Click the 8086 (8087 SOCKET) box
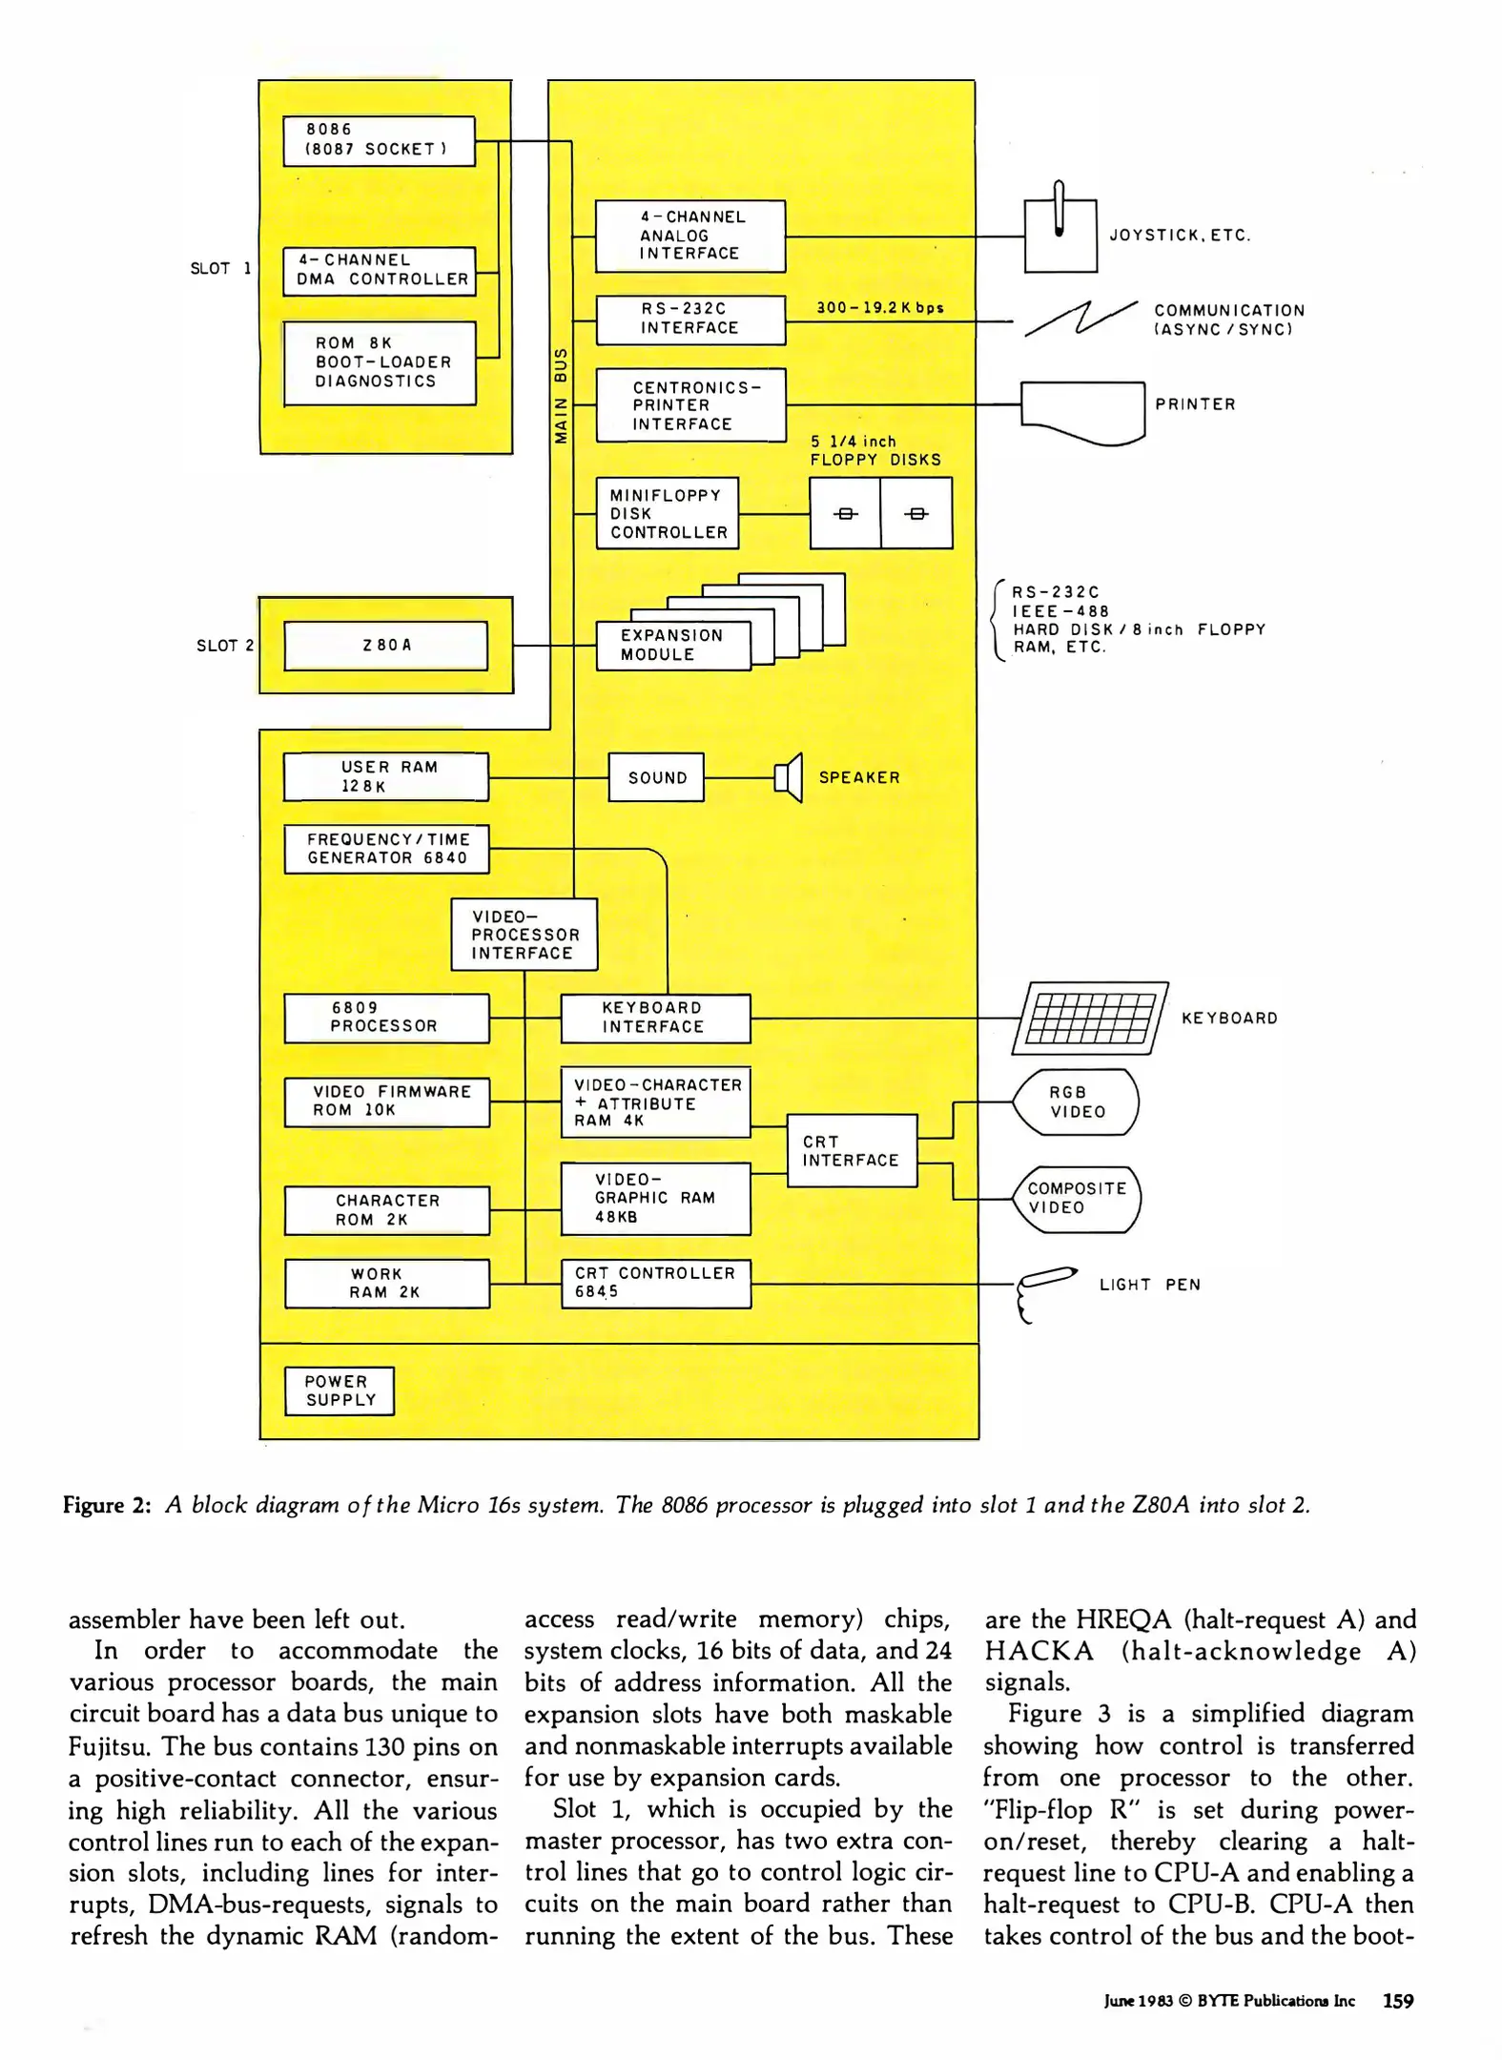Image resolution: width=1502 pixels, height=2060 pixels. pyautogui.click(x=379, y=141)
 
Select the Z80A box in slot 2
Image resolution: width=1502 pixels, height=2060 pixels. pyautogui.click(x=386, y=646)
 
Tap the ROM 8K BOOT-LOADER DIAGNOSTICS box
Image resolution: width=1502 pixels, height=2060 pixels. pyautogui.click(x=380, y=363)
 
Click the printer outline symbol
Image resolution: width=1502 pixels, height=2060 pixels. pyautogui.click(x=1082, y=411)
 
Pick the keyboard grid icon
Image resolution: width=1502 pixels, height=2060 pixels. pyautogui.click(x=1090, y=1019)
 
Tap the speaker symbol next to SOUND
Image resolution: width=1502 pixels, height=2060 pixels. pyautogui.click(x=789, y=777)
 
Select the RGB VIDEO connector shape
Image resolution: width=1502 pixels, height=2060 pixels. pyautogui.click(x=1076, y=1102)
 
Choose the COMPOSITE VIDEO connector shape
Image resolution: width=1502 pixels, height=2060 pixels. pyautogui.click(x=1076, y=1199)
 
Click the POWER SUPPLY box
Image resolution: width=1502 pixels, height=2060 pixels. pyautogui.click(x=339, y=1391)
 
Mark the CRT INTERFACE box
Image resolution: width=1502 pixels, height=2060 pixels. pyautogui.click(x=852, y=1151)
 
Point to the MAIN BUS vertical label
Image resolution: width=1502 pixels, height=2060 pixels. pyautogui.click(x=562, y=396)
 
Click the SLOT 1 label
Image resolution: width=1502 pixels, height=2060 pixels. pyautogui.click(x=220, y=269)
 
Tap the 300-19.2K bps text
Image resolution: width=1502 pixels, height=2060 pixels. pyautogui.click(x=879, y=308)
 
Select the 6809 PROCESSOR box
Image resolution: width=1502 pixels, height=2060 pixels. pyautogui.click(x=386, y=1018)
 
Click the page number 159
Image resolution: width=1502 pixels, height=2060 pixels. pyautogui.click(x=1397, y=2001)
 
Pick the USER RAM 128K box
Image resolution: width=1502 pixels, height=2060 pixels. pyautogui.click(x=386, y=777)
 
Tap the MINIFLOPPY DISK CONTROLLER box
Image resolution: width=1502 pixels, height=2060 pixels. pyautogui.click(x=668, y=514)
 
